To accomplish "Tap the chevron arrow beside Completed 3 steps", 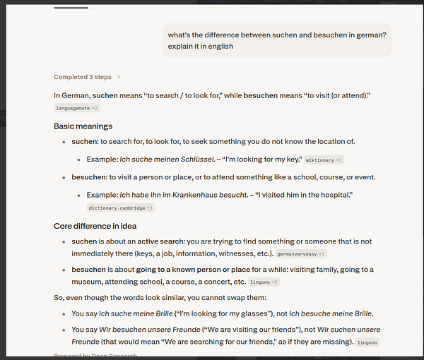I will (119, 77).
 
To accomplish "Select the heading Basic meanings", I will (83, 126).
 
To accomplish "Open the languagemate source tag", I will (76, 108).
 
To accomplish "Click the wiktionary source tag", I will (324, 160).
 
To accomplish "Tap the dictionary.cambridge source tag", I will (120, 208).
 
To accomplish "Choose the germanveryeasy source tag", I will (301, 253).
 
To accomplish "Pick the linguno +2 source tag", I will (264, 282).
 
